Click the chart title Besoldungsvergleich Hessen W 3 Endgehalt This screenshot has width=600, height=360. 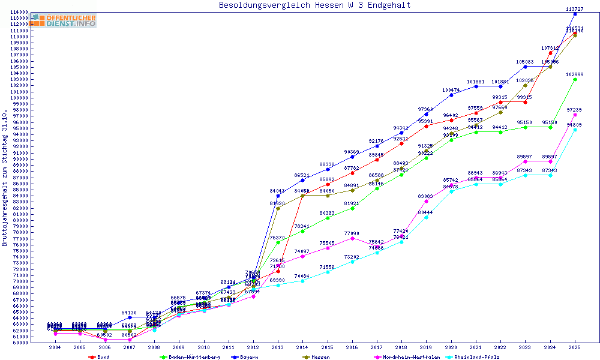(314, 5)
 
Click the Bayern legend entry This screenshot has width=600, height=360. (247, 357)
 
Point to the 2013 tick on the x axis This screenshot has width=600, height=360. (278, 347)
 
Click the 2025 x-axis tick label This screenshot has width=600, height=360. (575, 347)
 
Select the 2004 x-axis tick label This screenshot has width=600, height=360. (55, 347)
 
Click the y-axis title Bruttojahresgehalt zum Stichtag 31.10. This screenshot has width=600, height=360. (5, 179)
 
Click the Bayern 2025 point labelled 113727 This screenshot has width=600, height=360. (575, 14)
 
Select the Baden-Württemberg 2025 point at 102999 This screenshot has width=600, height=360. (575, 79)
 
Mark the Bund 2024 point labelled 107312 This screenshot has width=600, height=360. (550, 53)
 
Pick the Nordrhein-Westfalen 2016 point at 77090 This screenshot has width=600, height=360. (352, 238)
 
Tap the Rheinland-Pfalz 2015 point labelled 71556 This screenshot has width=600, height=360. (328, 272)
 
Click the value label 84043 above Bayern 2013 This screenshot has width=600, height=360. (278, 191)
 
